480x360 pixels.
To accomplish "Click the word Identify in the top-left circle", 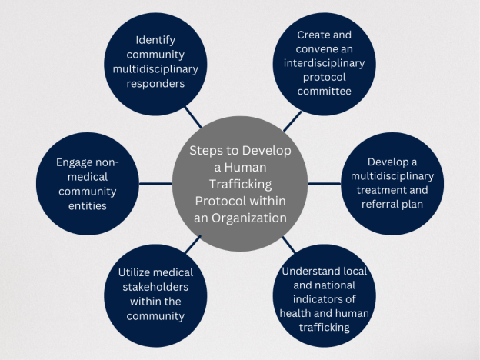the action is [155, 40].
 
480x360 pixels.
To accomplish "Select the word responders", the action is [155, 84].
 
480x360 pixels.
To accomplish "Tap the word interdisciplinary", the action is [324, 63].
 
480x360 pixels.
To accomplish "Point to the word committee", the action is [324, 91].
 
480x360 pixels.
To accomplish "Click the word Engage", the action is [74, 162].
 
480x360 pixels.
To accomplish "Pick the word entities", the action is [88, 205].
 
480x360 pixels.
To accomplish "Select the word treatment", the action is [377, 190].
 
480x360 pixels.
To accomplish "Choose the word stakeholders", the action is [155, 287].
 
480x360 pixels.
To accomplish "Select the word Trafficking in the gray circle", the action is [240, 185].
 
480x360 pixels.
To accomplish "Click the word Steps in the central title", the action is [204, 151].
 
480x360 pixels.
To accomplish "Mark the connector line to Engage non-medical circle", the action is [155, 184].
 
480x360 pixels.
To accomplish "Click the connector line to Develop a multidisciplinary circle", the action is [324, 184].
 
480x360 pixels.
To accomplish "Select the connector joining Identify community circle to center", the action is [193, 117].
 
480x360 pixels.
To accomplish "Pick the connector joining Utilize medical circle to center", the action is [193, 245].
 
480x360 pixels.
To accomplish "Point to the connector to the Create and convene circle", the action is [292, 122].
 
